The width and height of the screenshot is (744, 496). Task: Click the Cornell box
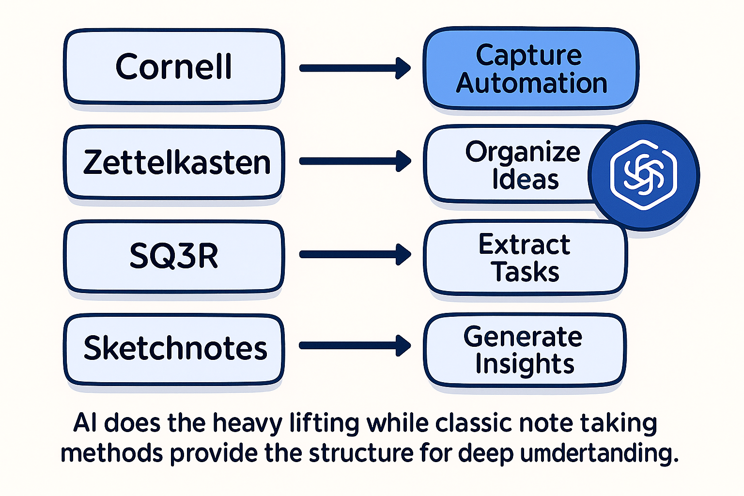[x=173, y=66]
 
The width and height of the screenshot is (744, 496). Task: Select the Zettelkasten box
[x=173, y=162]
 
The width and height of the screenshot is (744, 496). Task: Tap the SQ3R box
[x=173, y=256]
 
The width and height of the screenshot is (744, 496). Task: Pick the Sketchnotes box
[x=173, y=348]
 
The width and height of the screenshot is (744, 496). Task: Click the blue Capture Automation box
[x=531, y=69]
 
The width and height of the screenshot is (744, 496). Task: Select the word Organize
[x=523, y=152]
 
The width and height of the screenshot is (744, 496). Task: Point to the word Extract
[x=524, y=244]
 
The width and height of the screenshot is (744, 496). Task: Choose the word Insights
[x=525, y=364]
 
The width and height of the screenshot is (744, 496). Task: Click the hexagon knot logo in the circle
[x=643, y=175]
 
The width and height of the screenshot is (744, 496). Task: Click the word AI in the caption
[x=86, y=423]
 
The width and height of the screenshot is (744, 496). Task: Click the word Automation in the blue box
[x=531, y=83]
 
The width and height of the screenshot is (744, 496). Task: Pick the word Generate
[x=523, y=337]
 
